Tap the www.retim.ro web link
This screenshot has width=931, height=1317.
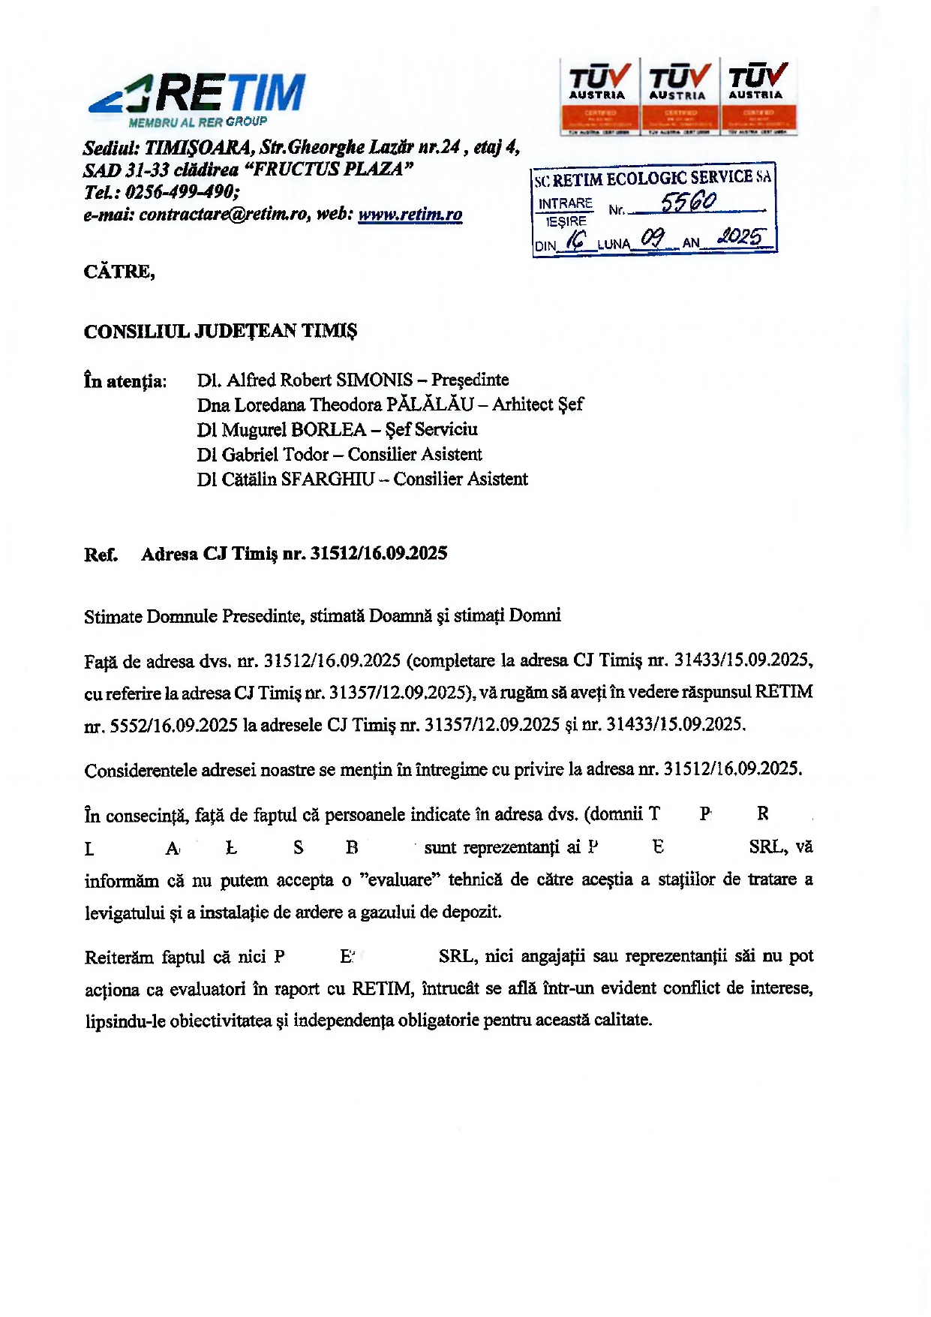coord(410,215)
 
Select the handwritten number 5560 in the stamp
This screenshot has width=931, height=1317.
coord(688,202)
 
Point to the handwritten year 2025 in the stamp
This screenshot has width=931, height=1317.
coord(740,238)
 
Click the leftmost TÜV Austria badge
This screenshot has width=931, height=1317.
coord(599,96)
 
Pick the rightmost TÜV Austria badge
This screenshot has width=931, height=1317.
coord(758,96)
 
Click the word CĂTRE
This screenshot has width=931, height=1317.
coord(119,272)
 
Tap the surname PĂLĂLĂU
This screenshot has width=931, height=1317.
coord(430,405)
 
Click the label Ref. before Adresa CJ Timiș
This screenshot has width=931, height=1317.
coord(101,555)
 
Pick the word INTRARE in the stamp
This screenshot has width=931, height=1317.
coord(565,204)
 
